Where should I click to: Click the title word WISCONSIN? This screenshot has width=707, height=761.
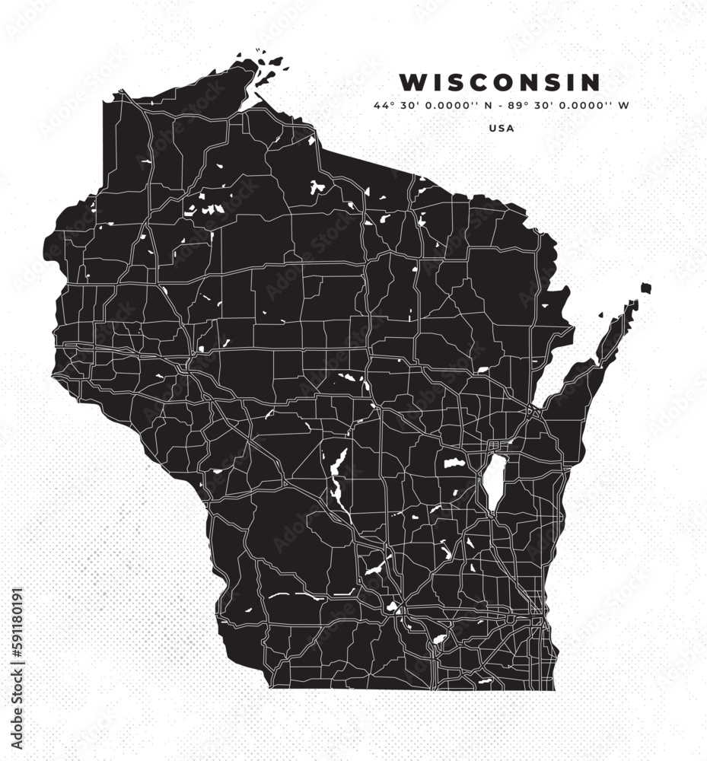click(x=500, y=81)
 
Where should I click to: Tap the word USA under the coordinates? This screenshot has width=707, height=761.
click(x=502, y=128)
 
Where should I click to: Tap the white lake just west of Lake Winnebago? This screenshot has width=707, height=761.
click(x=454, y=462)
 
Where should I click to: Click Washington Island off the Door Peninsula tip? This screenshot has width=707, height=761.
click(x=645, y=288)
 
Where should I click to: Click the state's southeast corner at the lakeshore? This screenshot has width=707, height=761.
click(x=553, y=689)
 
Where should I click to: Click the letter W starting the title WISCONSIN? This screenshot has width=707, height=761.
click(x=410, y=81)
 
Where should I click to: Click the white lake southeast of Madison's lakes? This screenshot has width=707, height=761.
click(x=439, y=639)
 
